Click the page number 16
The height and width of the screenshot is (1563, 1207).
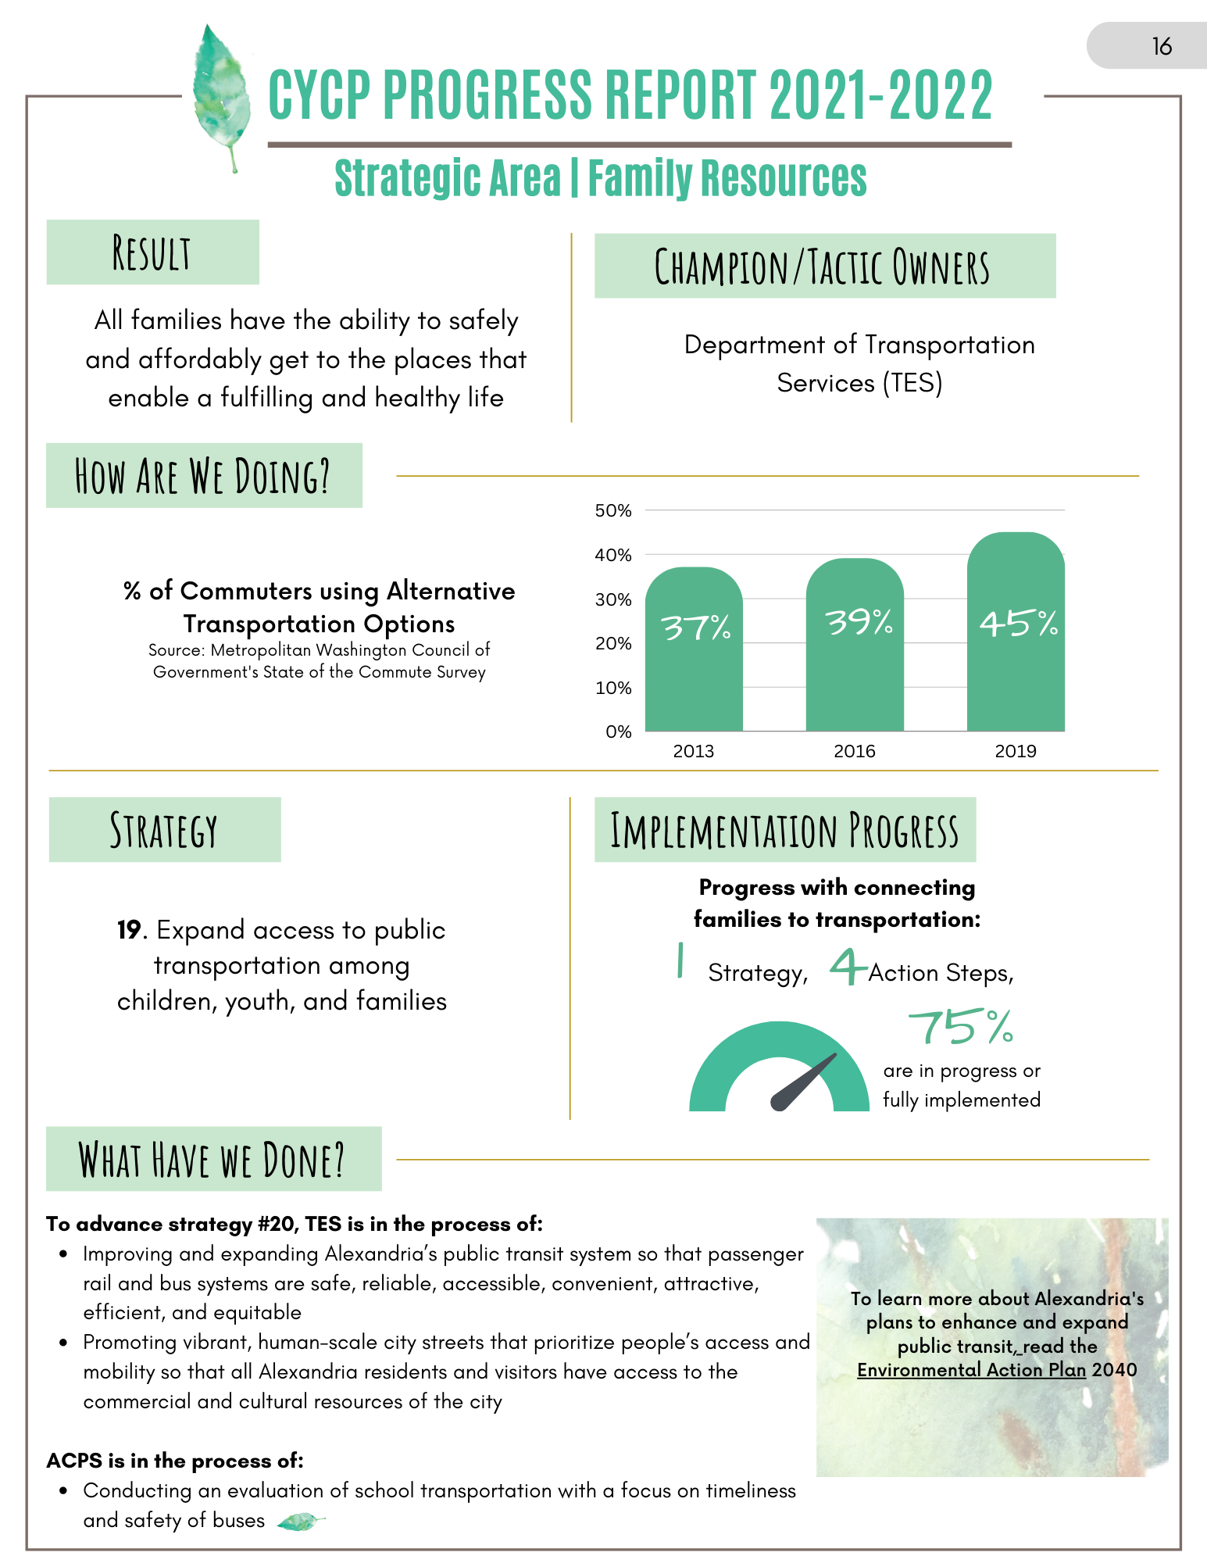pos(1162,47)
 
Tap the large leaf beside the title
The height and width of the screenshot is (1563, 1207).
pos(222,94)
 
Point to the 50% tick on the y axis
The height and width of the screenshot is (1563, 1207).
pos(613,511)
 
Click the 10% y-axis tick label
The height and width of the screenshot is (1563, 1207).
pos(613,688)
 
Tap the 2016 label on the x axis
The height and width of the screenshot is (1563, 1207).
pos(855,751)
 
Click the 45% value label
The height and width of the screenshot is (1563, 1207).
pos(1019,624)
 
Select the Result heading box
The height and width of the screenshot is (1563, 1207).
pos(152,252)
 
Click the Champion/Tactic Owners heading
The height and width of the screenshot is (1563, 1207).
pos(824,266)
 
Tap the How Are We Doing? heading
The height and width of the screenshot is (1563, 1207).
pos(204,476)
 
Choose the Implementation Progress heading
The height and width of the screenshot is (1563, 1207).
pos(784,830)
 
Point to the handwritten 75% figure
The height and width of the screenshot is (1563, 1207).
pos(961,1027)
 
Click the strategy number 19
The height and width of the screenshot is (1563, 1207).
pos(130,930)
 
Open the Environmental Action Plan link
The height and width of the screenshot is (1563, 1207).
pos(971,1370)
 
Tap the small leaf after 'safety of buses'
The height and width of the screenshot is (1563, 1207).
pos(301,1521)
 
